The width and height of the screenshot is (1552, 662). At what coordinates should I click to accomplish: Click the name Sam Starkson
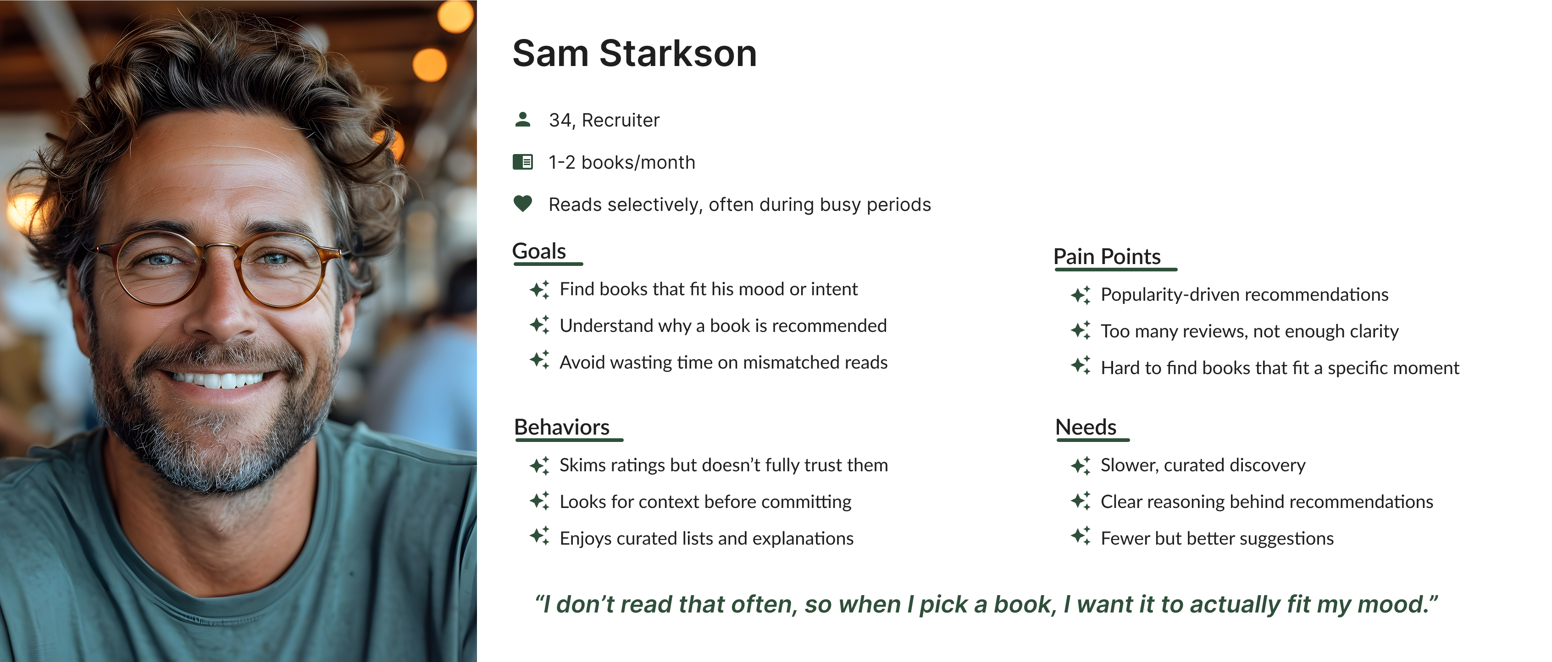click(634, 53)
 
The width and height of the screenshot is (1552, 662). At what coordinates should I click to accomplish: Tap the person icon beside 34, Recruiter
click(522, 119)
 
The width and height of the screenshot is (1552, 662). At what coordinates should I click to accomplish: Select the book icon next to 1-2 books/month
click(522, 162)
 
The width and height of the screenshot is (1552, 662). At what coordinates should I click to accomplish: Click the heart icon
click(522, 204)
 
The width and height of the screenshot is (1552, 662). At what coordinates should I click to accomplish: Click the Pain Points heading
click(1106, 257)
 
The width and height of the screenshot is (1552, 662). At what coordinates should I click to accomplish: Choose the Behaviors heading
click(561, 427)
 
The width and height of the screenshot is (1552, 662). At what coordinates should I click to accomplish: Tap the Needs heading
click(1086, 427)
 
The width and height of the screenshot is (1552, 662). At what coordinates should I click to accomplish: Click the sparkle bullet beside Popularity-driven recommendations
click(1080, 295)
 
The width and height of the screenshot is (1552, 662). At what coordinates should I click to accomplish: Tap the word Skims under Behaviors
click(582, 465)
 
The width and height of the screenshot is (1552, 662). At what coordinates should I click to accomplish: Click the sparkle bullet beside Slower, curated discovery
click(1080, 465)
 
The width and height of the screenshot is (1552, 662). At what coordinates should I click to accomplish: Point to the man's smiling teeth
click(218, 380)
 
